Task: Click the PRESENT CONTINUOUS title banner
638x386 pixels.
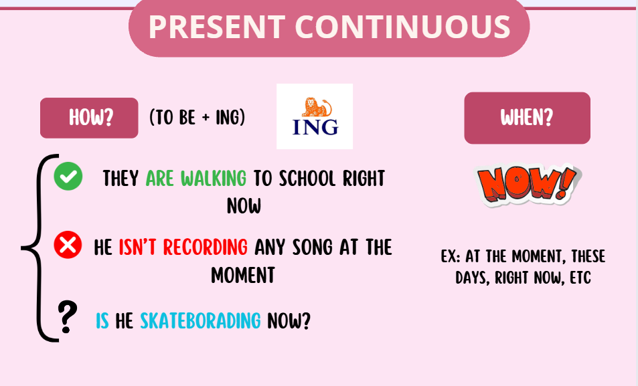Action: [x=329, y=27]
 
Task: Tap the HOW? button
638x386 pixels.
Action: [x=89, y=118]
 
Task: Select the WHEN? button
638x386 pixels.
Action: [x=527, y=118]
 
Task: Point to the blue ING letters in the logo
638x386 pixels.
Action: [x=315, y=127]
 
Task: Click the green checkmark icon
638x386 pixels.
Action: [x=68, y=176]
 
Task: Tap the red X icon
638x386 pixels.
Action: [x=68, y=245]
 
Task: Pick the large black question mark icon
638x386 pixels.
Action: [x=67, y=317]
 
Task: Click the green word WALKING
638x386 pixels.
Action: [x=214, y=178]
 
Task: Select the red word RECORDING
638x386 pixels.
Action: [x=206, y=247]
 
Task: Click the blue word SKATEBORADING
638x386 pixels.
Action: [x=200, y=320]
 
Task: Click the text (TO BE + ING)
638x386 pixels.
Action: [x=197, y=118]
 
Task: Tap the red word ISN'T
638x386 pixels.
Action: [x=137, y=247]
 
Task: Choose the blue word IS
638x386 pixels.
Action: [x=102, y=320]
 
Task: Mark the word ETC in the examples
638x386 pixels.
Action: [x=580, y=278]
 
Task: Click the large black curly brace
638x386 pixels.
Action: [x=39, y=248]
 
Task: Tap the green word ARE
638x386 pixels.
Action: [x=160, y=178]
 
